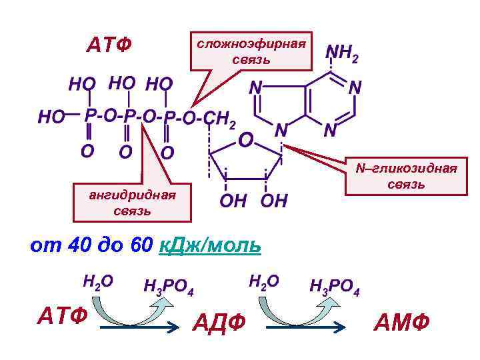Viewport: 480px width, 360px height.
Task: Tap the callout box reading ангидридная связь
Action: tap(132, 203)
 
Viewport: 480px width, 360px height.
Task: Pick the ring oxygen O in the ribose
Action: tap(246, 141)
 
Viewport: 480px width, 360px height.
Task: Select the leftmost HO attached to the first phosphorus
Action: tap(51, 118)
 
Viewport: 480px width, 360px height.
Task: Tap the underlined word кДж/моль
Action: tap(211, 245)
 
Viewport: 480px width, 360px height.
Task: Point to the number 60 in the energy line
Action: tap(141, 245)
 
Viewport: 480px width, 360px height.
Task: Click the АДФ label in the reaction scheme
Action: tap(219, 323)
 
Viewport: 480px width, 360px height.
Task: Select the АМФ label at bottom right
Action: tap(402, 323)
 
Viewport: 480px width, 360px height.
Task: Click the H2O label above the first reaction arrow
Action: tap(97, 281)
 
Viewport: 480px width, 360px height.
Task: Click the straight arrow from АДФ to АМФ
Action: tap(307, 326)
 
